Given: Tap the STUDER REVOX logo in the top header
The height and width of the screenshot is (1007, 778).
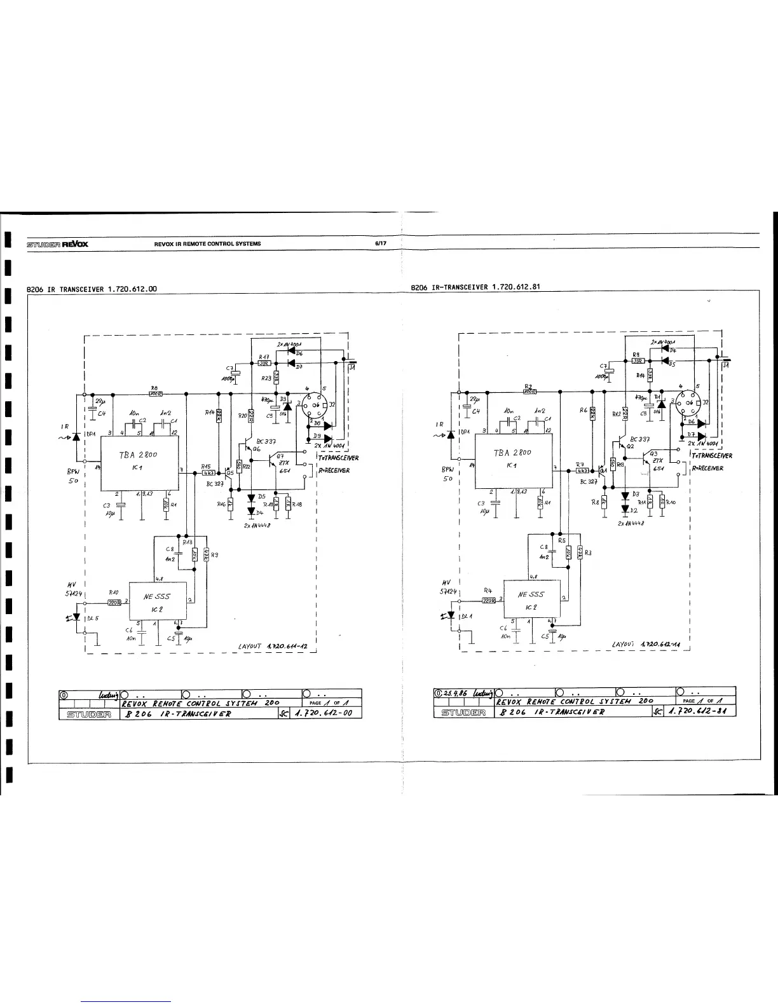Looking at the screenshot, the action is [57, 243].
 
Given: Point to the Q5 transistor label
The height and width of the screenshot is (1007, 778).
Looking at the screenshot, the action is [231, 472].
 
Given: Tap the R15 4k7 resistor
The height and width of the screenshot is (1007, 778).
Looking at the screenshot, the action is [208, 472].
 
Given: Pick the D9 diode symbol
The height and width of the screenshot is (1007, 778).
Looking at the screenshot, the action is [327, 438].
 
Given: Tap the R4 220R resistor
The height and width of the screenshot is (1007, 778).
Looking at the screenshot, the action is [488, 600].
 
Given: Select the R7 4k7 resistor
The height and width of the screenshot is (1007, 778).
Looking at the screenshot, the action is [582, 471].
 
